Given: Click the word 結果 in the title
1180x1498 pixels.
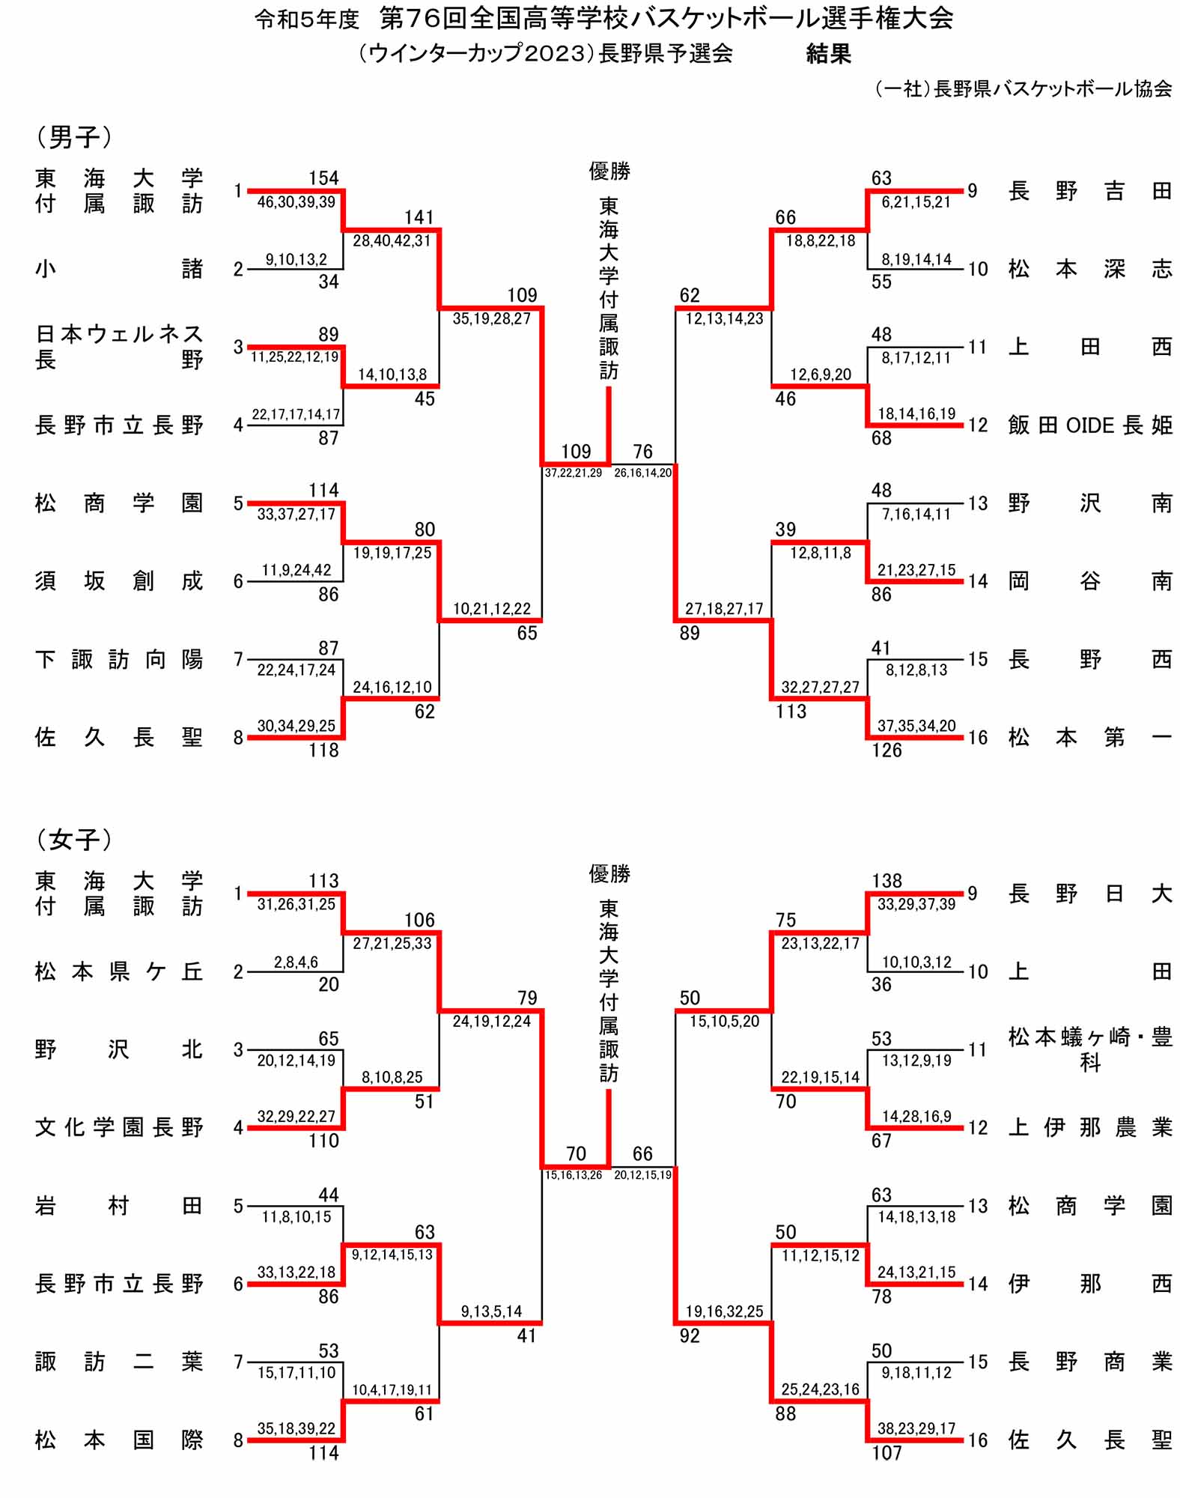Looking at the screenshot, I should [x=828, y=54].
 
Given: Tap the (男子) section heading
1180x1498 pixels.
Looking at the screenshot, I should [x=74, y=136].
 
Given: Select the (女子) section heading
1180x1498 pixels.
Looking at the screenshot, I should [x=74, y=840].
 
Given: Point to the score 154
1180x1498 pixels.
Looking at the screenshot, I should [x=323, y=178].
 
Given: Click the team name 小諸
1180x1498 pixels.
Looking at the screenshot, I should [x=118, y=269].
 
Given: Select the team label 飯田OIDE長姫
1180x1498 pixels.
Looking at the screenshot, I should [x=1089, y=425].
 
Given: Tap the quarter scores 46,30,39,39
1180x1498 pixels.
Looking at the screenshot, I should [x=296, y=202].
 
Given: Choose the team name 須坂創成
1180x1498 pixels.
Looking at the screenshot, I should [x=118, y=581].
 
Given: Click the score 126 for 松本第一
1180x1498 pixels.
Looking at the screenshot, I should [x=886, y=750].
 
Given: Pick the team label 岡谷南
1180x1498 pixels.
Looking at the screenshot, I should [x=1089, y=581].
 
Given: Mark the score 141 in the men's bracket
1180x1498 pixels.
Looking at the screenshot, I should [x=419, y=217].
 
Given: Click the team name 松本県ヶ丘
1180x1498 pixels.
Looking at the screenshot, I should [x=118, y=971].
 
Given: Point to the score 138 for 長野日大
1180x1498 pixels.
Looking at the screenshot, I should [x=886, y=881].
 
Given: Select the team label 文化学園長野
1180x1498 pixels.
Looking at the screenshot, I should [x=118, y=1127].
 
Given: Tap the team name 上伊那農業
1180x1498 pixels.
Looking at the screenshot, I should [x=1089, y=1127].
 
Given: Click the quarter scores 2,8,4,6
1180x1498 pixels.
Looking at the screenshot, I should [x=296, y=962].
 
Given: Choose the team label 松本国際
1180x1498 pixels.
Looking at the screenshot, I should [x=118, y=1440].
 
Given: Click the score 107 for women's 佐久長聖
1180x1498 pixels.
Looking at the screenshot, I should [x=886, y=1453].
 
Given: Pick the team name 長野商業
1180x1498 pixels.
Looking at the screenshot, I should [x=1089, y=1362].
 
